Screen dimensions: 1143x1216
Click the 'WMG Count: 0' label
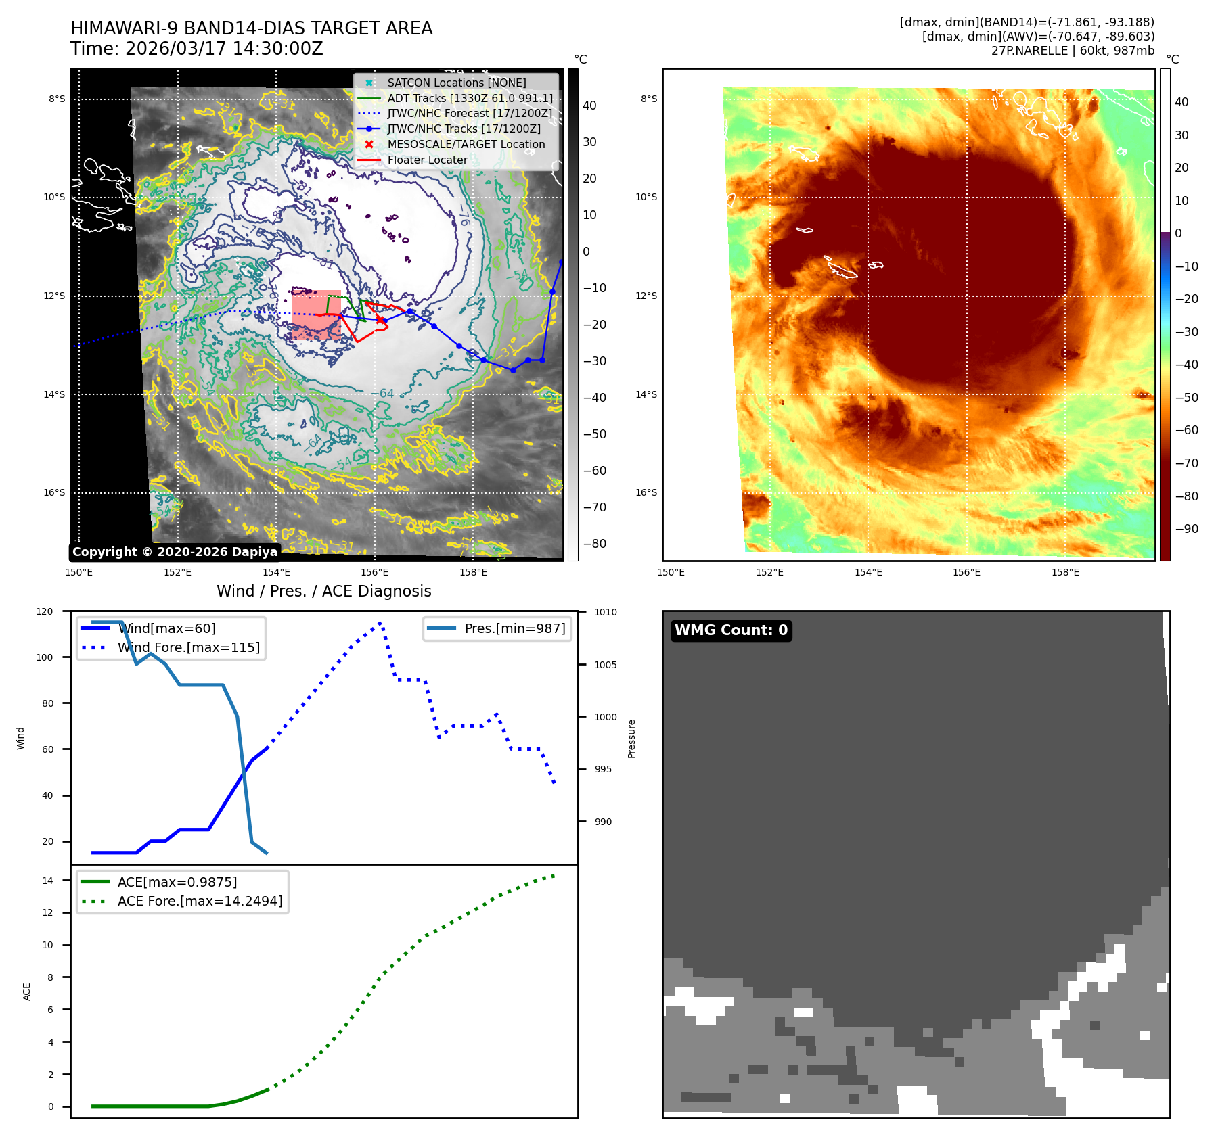pyautogui.click(x=731, y=630)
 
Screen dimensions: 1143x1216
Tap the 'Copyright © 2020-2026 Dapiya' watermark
pyautogui.click(x=175, y=552)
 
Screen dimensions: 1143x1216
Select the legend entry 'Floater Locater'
pyautogui.click(x=427, y=160)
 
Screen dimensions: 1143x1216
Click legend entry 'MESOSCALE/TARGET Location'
pyautogui.click(x=466, y=145)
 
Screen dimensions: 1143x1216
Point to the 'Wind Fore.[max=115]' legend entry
pyautogui.click(x=188, y=647)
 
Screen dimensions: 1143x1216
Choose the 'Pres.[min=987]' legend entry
pyautogui.click(x=514, y=628)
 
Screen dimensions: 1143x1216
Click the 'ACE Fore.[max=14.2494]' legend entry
pyautogui.click(x=200, y=901)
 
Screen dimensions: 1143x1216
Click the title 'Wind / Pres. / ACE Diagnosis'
pyautogui.click(x=323, y=591)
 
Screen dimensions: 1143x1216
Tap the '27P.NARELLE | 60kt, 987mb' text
pyautogui.click(x=1073, y=51)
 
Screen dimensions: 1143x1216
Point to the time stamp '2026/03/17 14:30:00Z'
pyautogui.click(x=224, y=49)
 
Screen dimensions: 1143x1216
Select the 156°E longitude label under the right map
pyautogui.click(x=966, y=572)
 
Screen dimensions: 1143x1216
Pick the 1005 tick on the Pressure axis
pyautogui.click(x=606, y=665)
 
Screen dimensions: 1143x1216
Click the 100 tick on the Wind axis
pyautogui.click(x=45, y=657)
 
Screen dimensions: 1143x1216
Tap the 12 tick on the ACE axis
pyautogui.click(x=47, y=912)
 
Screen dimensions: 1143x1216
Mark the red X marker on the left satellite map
pyautogui.click(x=380, y=320)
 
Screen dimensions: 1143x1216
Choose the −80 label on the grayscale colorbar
pyautogui.click(x=595, y=544)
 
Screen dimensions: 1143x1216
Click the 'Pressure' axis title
pyautogui.click(x=631, y=739)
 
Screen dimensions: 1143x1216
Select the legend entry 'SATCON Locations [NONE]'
pyautogui.click(x=456, y=83)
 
